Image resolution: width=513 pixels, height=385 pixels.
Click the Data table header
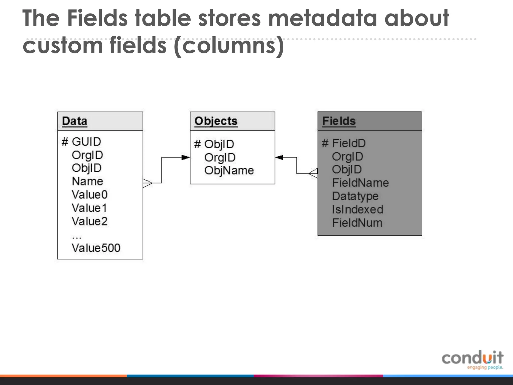(75, 121)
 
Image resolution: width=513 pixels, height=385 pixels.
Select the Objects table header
(216, 121)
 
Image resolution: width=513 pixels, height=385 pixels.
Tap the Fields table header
(339, 121)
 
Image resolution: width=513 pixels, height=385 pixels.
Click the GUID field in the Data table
(86, 142)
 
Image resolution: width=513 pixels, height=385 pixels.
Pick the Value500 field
(96, 248)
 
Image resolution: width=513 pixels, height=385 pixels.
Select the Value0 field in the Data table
(90, 195)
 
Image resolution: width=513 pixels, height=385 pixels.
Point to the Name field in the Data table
(87, 181)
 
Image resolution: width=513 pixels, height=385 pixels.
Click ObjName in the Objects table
(229, 171)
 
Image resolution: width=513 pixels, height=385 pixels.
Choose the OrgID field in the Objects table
(220, 158)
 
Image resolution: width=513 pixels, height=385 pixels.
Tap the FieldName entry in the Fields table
(360, 183)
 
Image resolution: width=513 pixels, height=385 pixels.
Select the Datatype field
(355, 196)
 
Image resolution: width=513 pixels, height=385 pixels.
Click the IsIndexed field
(357, 210)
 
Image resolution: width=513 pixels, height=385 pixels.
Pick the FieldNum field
(357, 223)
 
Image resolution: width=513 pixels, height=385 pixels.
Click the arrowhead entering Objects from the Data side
(186, 157)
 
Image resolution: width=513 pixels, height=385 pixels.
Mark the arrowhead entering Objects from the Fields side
(279, 157)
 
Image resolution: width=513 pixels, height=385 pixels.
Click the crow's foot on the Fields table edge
(313, 173)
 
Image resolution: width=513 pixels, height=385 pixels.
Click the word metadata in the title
(323, 18)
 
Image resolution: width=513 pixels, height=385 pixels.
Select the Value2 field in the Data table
(90, 221)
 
